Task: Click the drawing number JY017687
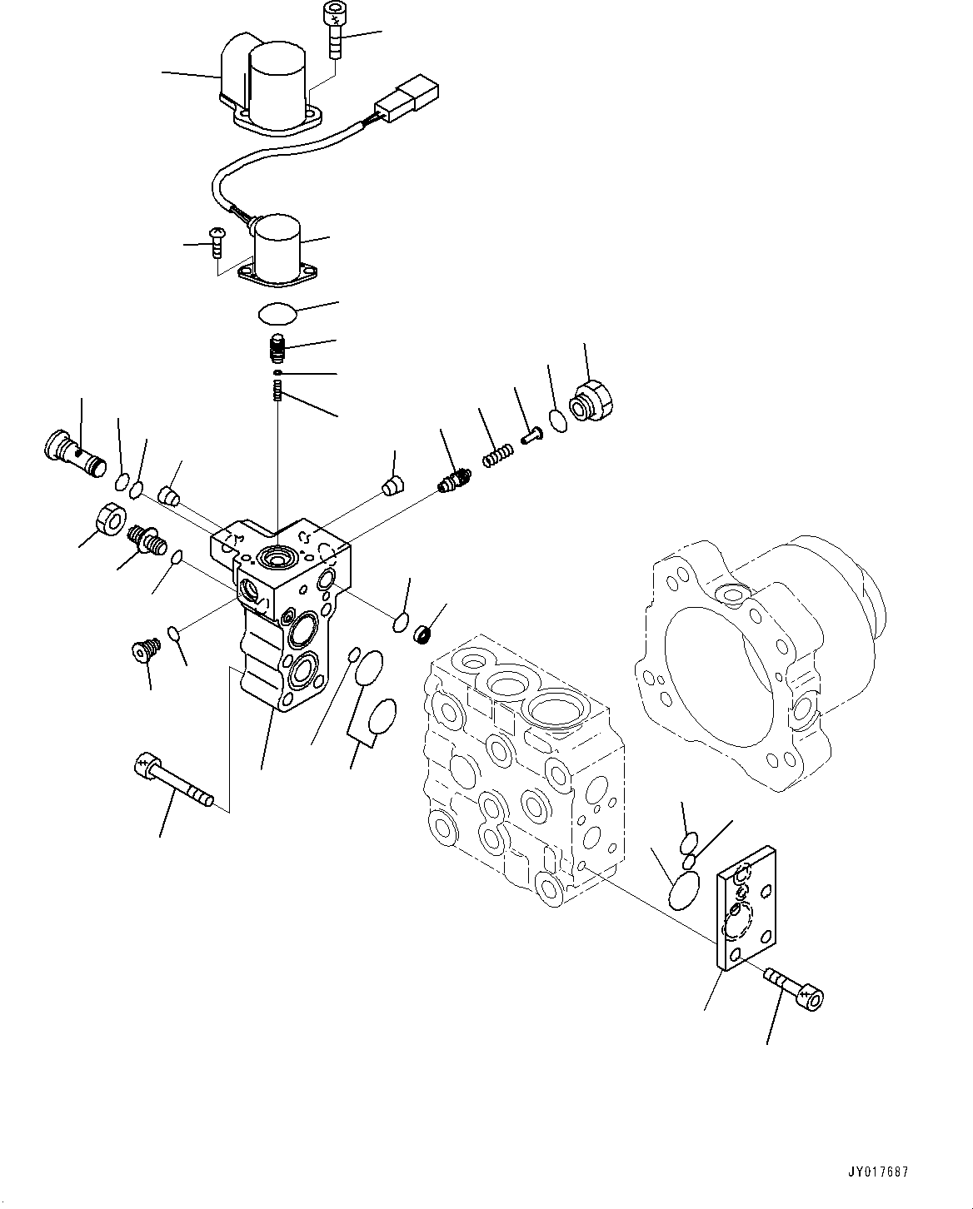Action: point(880,1172)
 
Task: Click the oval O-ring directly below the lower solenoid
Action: point(276,314)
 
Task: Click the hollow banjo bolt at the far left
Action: point(72,451)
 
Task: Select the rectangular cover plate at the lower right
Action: point(746,908)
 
